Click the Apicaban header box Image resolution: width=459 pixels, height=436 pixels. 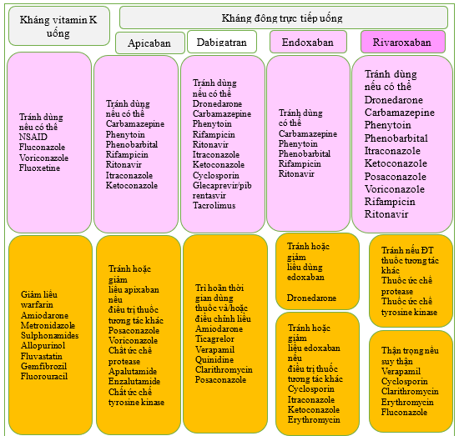tap(150, 43)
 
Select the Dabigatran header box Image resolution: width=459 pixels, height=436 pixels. tap(222, 42)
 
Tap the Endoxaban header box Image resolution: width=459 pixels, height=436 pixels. tap(308, 42)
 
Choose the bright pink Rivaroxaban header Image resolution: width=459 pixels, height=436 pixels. tap(403, 42)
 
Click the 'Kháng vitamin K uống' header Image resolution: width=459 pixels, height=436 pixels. tap(59, 26)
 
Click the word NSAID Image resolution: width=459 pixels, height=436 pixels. tap(33, 137)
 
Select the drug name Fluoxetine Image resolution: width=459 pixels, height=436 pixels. tap(39, 168)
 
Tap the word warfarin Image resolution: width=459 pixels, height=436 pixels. tap(37, 305)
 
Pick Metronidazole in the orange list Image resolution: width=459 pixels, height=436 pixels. tap(48, 325)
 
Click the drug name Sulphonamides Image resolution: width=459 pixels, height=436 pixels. tap(49, 335)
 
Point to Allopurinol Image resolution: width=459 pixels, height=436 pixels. tap(43, 345)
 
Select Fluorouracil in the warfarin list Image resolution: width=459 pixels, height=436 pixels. tap(44, 376)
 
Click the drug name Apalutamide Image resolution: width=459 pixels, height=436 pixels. tap(133, 371)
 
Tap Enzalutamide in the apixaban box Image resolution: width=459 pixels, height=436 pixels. tap(134, 381)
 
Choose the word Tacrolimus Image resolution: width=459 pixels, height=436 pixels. tap(214, 205)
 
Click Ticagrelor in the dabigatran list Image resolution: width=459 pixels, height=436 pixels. tap(214, 339)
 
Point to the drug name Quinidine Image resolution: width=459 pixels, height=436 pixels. tap(214, 359)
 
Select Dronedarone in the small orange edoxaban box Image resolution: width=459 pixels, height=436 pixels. tap(311, 298)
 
